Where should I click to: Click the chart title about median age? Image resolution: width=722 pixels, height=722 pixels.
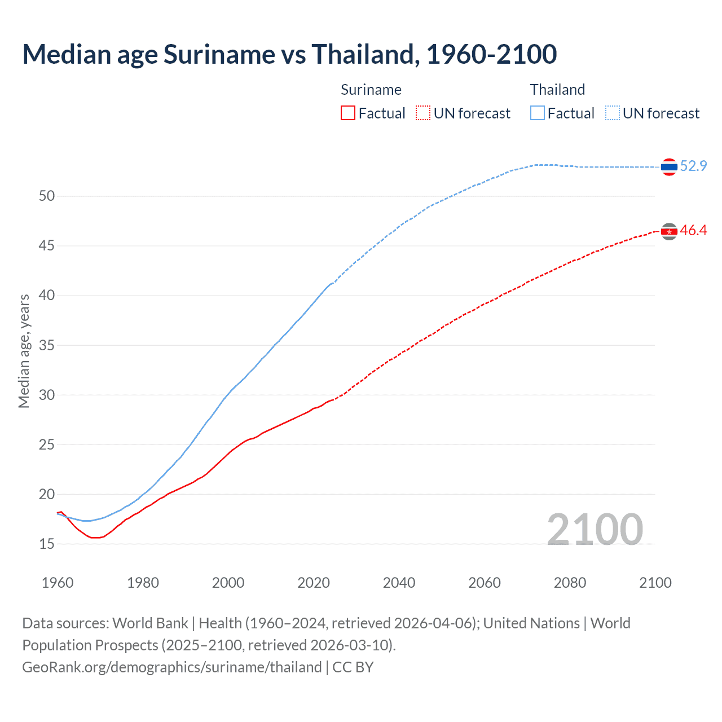[289, 54]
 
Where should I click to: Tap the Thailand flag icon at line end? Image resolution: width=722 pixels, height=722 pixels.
[669, 167]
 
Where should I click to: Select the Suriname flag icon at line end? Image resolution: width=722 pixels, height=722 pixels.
[669, 231]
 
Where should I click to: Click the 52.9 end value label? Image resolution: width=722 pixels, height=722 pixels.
[693, 166]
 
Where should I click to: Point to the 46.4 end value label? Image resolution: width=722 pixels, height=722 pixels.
[693, 230]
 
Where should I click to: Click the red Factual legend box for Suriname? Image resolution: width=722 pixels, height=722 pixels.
[348, 113]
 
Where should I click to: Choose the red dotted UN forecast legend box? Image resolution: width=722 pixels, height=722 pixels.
[423, 113]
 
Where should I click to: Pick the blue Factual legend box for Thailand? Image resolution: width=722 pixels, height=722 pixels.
[538, 113]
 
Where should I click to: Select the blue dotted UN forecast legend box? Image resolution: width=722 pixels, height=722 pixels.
[613, 113]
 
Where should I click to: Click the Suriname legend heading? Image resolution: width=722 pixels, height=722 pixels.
[371, 90]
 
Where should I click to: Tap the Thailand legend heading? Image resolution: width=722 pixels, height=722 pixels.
[557, 90]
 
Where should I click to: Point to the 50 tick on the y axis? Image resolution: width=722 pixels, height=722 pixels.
[47, 196]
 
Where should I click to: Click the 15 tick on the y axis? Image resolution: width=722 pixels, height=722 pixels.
[47, 544]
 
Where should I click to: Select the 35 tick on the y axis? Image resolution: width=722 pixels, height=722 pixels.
[47, 345]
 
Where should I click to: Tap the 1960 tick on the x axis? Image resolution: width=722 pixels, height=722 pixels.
[58, 583]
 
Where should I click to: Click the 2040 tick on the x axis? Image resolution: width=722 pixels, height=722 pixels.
[399, 583]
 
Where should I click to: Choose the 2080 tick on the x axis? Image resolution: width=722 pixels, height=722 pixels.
[570, 583]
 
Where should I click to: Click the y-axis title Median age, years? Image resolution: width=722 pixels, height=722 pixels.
[24, 351]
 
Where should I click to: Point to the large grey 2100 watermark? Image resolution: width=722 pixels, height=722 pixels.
[595, 529]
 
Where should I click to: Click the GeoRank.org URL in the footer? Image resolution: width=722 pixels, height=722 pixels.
[172, 667]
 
